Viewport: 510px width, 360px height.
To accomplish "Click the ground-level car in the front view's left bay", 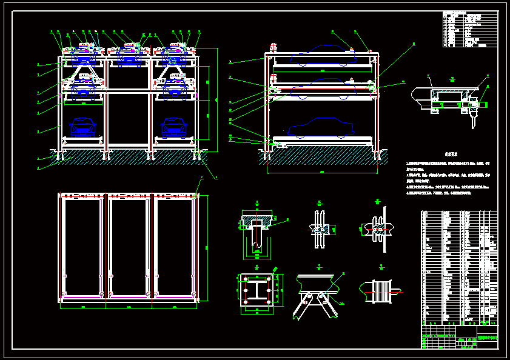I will coord(83,127).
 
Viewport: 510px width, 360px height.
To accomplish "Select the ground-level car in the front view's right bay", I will coord(174,127).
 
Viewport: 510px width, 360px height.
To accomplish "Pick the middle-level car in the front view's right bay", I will coord(175,88).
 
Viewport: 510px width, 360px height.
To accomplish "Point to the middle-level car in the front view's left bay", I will coord(83,88).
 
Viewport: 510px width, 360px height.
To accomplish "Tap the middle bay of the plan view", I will coord(129,247).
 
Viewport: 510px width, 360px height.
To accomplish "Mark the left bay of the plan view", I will coord(83,247).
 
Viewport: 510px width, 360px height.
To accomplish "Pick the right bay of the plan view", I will coord(175,247).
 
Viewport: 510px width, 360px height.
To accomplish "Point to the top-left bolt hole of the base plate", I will coord(246,279).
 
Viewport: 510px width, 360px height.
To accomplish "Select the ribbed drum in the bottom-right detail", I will coord(380,291).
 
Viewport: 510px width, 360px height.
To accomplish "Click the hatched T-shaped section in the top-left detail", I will coord(257,219).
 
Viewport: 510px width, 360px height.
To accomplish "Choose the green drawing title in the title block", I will coord(488,338).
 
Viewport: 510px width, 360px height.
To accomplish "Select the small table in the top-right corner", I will coord(469,28).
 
